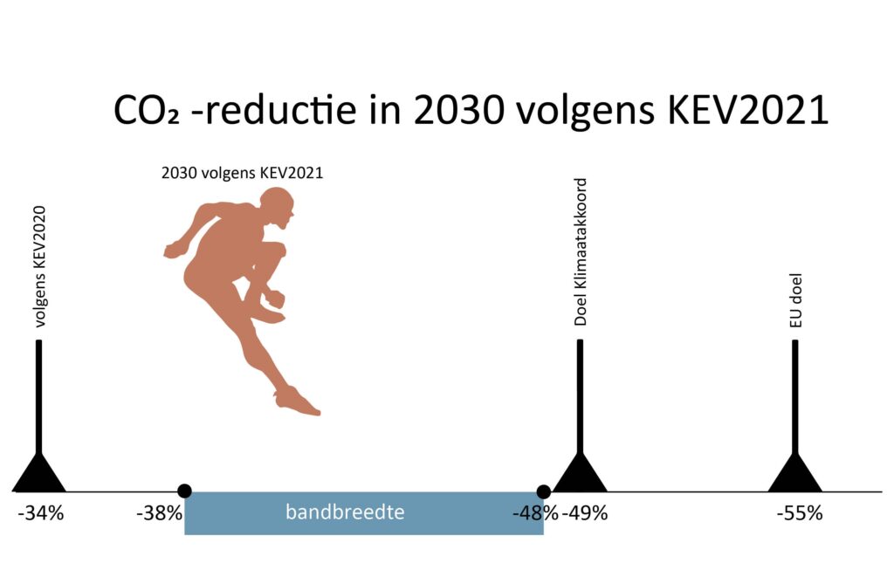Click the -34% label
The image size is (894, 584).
[x=41, y=513]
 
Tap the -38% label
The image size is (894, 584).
[x=159, y=513]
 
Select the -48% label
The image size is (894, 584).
[x=535, y=513]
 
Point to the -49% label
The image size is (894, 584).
[x=585, y=513]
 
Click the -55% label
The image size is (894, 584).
[x=800, y=513]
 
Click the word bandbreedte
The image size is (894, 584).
[x=345, y=512]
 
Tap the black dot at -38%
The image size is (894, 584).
[x=184, y=491]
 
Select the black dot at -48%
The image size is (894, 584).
[x=543, y=491]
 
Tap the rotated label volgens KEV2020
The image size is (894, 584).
[x=39, y=266]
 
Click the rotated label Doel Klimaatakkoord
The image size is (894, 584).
[x=580, y=251]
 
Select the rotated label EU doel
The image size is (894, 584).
[x=795, y=300]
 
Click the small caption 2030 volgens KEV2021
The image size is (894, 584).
[x=243, y=173]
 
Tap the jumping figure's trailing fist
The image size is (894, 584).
[x=172, y=250]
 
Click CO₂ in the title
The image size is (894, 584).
[x=147, y=110]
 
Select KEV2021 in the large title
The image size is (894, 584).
[x=747, y=109]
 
